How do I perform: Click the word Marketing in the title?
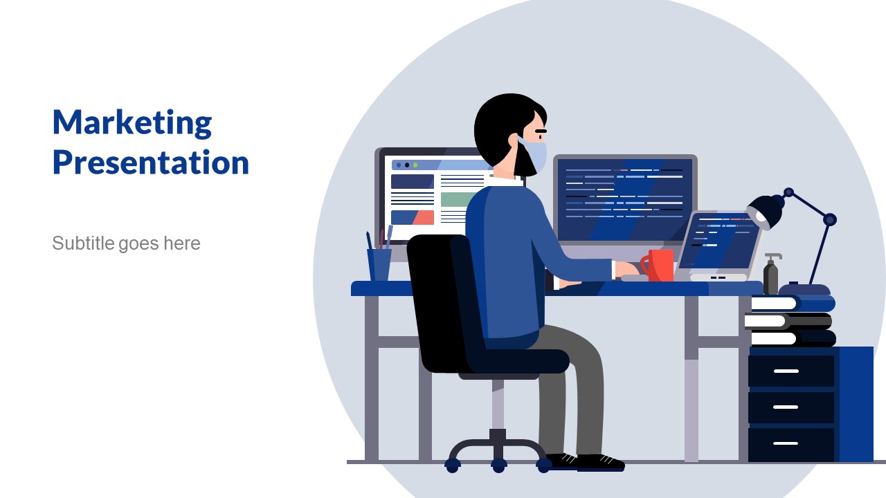pos(132,123)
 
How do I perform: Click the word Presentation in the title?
pos(151,163)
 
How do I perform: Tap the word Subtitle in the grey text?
pos(84,243)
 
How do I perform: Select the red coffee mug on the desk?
pos(658,266)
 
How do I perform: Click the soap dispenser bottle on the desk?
pos(771,274)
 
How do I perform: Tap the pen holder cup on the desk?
pos(379,265)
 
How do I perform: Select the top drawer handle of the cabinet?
pos(786,371)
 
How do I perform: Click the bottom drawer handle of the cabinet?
pos(786,443)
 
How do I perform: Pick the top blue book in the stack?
pos(793,304)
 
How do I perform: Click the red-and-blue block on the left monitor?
pos(412,217)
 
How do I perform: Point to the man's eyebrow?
pos(541,131)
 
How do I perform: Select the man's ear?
pos(514,140)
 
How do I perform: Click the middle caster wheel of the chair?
pos(499,465)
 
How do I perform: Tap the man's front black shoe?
pos(600,463)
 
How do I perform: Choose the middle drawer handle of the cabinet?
pos(786,407)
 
